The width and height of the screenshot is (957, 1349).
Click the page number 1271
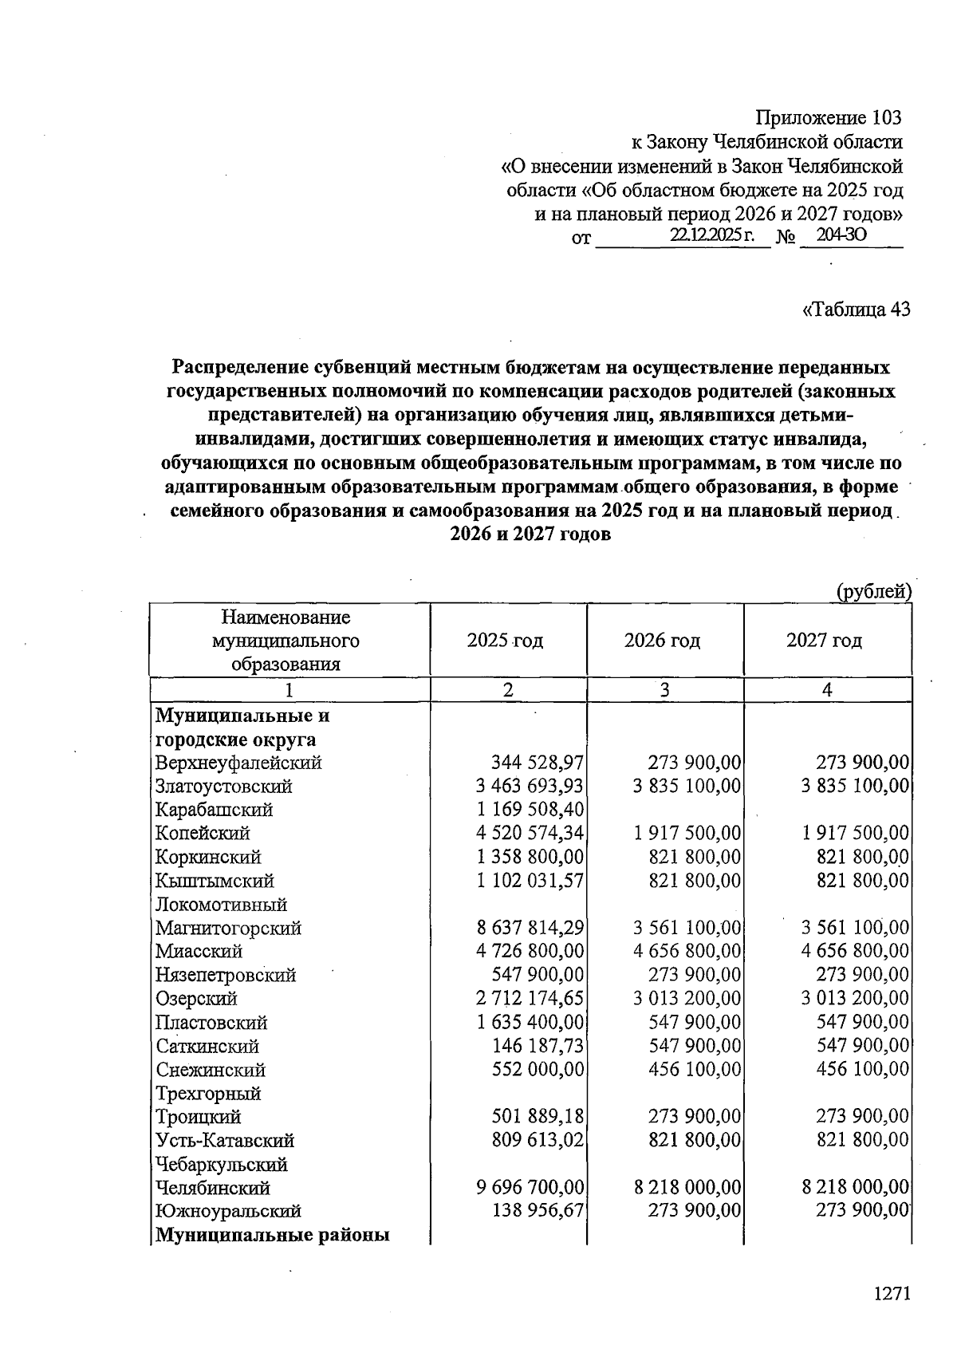click(x=891, y=1293)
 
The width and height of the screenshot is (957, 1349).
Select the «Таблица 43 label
click(x=856, y=309)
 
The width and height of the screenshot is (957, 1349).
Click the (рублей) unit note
click(x=873, y=591)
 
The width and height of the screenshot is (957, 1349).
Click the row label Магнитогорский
click(x=228, y=928)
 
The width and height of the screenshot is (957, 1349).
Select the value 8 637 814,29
click(x=530, y=928)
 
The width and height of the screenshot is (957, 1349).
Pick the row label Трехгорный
click(x=208, y=1093)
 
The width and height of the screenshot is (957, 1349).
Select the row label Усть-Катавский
click(x=225, y=1141)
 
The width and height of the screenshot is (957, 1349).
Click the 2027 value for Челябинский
click(x=855, y=1188)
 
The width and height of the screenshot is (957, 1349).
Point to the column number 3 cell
click(x=664, y=690)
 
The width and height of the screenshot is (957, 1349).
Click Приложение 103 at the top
click(x=829, y=118)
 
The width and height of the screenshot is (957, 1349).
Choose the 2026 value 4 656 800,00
click(x=687, y=951)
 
